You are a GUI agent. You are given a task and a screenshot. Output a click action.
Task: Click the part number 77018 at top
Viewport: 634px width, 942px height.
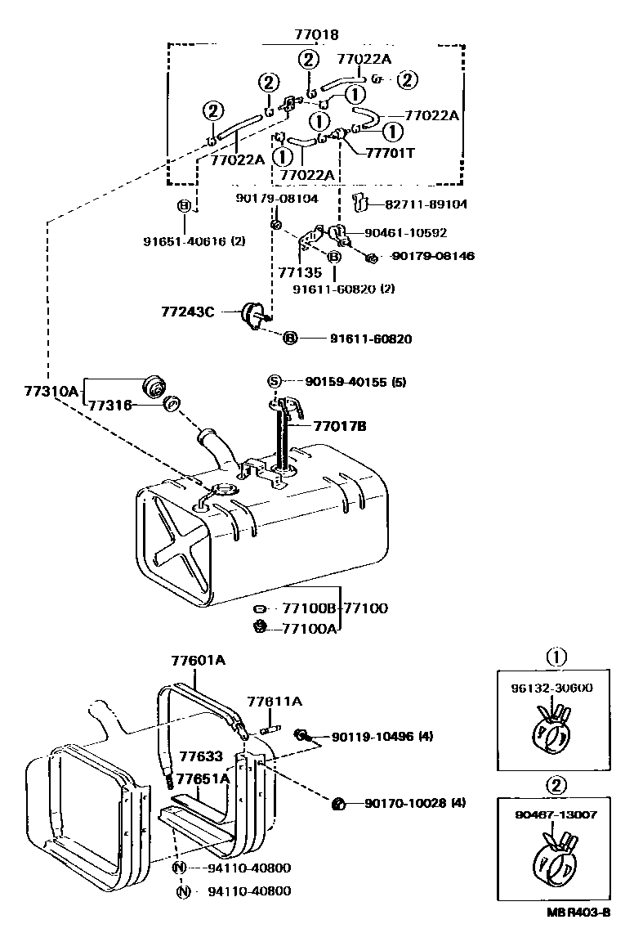(316, 34)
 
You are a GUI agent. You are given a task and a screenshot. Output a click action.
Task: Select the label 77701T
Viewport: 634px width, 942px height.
(390, 152)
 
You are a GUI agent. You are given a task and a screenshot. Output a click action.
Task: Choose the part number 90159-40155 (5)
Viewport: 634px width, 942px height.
(355, 381)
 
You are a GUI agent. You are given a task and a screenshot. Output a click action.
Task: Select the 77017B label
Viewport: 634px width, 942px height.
(338, 426)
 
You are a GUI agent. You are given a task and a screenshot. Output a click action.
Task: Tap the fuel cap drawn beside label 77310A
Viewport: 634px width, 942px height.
(153, 386)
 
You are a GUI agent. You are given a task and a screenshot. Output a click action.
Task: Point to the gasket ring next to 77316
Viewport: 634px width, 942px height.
(172, 404)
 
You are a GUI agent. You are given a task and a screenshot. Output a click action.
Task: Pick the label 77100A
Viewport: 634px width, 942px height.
(309, 627)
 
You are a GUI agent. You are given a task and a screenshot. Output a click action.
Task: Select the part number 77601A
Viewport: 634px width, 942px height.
(198, 660)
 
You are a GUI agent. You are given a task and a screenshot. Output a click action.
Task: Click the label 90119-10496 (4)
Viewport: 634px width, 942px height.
(382, 737)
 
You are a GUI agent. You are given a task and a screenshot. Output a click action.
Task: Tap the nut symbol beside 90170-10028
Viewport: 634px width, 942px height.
(336, 803)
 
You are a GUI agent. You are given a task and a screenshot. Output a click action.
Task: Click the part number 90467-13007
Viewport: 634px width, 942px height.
(556, 815)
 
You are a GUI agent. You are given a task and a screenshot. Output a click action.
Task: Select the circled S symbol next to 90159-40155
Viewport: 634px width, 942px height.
(275, 381)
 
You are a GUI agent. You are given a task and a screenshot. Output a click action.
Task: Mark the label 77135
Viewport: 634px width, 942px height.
(295, 274)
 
